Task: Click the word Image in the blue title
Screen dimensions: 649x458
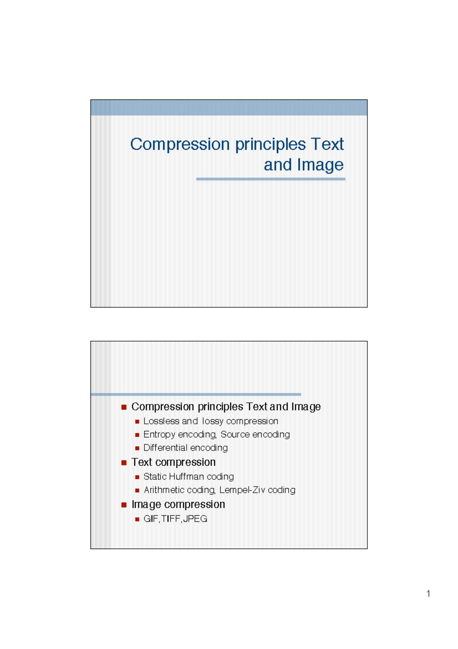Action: [320, 165]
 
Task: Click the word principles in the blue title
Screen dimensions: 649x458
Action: [270, 144]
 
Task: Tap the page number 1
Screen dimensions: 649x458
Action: [428, 594]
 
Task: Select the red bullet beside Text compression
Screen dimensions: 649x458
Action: [124, 462]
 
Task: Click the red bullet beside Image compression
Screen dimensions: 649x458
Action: [124, 505]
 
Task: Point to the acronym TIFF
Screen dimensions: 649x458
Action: [170, 519]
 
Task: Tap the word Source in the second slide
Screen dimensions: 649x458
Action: [235, 435]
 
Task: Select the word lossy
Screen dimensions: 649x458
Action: [213, 421]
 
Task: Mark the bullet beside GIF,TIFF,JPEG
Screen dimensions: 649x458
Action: [137, 519]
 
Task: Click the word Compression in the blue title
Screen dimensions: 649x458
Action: [180, 144]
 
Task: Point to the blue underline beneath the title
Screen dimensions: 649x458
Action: [271, 179]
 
